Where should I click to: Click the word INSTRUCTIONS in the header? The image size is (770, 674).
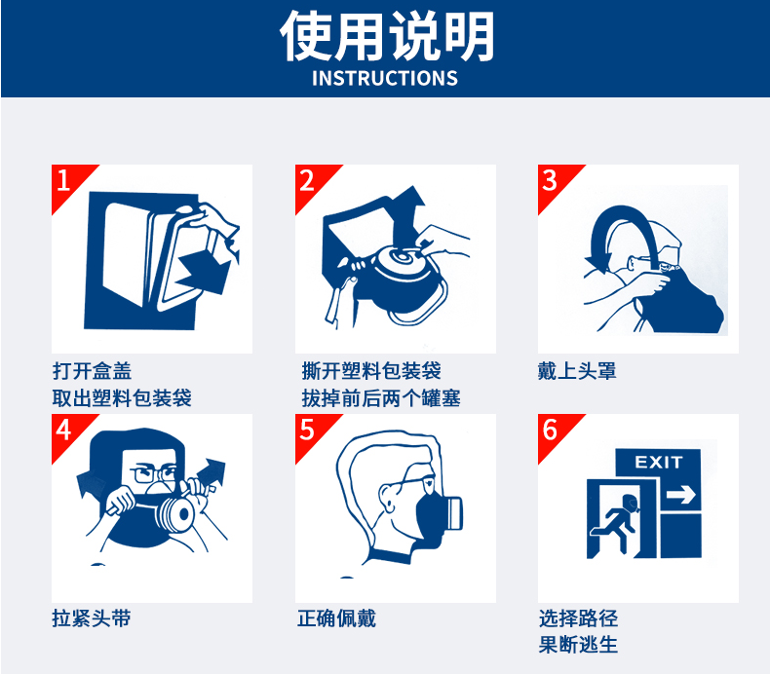tap(385, 79)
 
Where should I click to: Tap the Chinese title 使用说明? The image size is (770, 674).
tap(387, 36)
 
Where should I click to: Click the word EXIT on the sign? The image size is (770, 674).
tap(659, 462)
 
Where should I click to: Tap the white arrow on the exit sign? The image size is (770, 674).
tap(681, 495)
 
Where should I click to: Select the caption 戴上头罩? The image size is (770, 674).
tap(577, 371)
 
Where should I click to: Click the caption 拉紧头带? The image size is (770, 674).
tap(92, 618)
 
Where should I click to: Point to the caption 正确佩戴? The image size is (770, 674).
tap(336, 618)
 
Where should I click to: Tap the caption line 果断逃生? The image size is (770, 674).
tap(578, 645)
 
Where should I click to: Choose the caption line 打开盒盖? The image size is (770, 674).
tap(92, 371)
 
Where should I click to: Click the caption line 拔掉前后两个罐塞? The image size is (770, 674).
tap(381, 398)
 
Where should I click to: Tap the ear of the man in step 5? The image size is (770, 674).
tap(388, 498)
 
